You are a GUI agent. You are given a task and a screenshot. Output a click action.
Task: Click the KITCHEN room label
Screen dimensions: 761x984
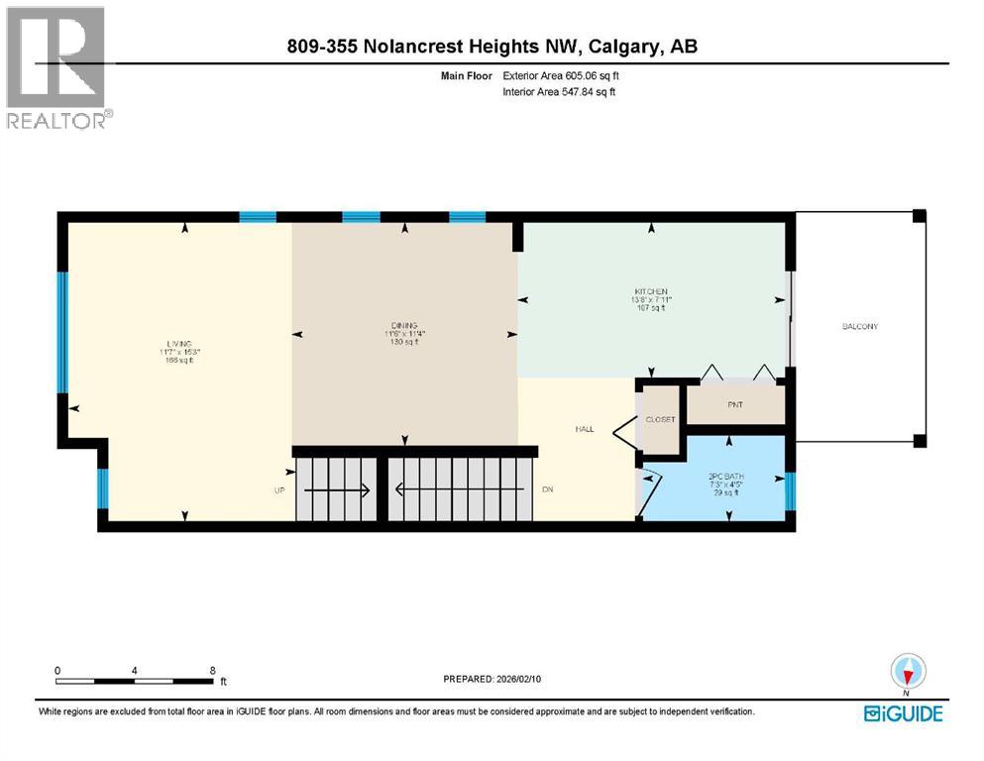pyautogui.click(x=651, y=291)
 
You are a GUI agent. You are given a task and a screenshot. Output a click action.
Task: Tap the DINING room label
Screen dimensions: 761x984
pyautogui.click(x=403, y=326)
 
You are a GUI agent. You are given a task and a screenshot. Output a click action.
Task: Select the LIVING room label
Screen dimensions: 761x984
pyautogui.click(x=179, y=343)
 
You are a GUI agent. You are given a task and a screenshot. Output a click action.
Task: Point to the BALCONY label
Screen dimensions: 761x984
pyautogui.click(x=859, y=326)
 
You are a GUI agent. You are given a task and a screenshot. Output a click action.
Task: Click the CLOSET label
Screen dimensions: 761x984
pyautogui.click(x=660, y=419)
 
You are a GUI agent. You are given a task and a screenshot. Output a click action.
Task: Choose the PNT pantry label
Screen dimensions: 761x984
pyautogui.click(x=735, y=404)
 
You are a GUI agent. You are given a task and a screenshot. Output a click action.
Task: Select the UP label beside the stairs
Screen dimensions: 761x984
pyautogui.click(x=280, y=489)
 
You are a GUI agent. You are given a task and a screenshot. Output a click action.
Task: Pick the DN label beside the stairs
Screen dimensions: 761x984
pyautogui.click(x=547, y=489)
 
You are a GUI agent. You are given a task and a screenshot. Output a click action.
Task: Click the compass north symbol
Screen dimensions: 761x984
pyautogui.click(x=908, y=673)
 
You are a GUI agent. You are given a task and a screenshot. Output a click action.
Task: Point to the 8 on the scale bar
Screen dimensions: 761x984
pyautogui.click(x=213, y=670)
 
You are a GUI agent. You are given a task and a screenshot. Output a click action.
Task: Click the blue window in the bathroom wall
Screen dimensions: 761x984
pyautogui.click(x=790, y=489)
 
